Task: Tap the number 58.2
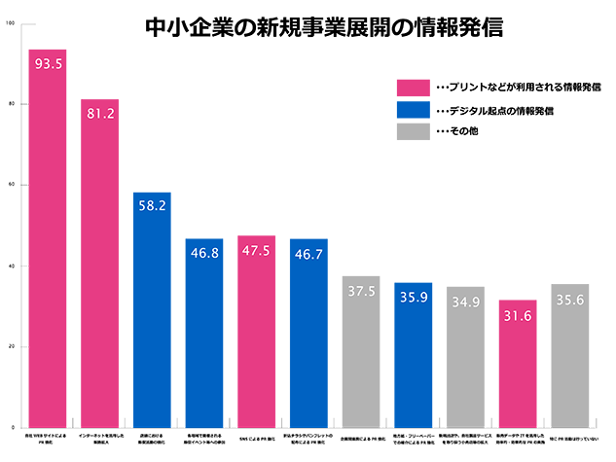tap(152, 207)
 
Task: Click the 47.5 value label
tap(255, 250)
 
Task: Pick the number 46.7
tap(308, 254)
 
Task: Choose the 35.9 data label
tap(413, 298)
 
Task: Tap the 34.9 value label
tap(464, 301)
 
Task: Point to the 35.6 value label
tap(568, 301)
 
